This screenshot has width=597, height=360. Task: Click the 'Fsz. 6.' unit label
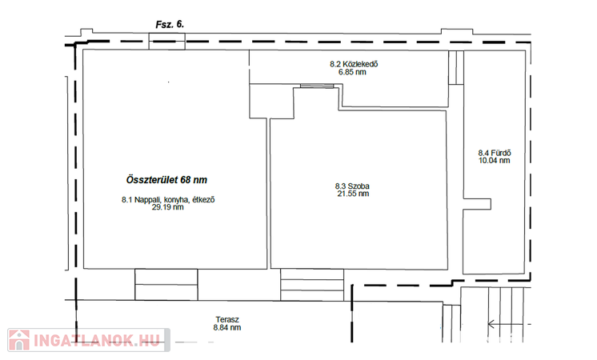point(170,25)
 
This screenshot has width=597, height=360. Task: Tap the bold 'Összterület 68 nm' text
point(166,180)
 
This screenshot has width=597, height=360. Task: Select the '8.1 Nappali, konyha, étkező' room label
point(168,199)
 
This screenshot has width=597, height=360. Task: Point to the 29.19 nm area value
point(167,207)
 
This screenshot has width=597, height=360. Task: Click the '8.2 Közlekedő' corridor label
point(354,64)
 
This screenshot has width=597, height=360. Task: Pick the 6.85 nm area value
point(352,72)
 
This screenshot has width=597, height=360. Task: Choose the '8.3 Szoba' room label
point(352,186)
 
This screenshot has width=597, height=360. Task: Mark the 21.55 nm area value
point(353,194)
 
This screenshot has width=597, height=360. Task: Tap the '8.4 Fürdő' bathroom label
point(495,153)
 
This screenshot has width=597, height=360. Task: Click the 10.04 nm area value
point(495,161)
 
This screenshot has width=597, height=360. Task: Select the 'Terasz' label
point(227,320)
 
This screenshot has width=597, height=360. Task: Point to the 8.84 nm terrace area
point(227,328)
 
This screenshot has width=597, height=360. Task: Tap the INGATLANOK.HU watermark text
point(97,341)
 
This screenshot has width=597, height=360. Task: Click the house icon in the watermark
point(19,340)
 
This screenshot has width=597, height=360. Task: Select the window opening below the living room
point(166,284)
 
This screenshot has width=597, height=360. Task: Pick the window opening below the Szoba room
point(312,285)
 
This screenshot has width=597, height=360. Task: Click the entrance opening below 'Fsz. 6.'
point(166,41)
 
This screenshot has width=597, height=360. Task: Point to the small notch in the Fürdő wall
point(477,204)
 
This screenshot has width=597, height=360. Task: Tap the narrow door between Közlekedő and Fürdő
point(456,67)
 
